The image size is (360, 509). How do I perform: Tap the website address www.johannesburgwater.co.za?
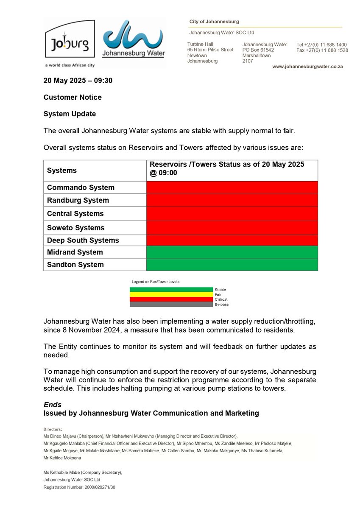(307, 67)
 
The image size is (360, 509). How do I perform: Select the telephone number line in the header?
(321, 45)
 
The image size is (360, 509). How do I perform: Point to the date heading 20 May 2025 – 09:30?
(78, 81)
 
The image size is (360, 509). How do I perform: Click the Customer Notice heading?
(73, 97)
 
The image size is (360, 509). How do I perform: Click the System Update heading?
(70, 114)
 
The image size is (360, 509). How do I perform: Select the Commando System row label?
(81, 187)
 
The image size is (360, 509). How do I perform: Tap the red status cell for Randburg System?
(232, 200)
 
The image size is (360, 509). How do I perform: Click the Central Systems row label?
(75, 213)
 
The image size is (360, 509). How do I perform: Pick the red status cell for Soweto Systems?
(232, 227)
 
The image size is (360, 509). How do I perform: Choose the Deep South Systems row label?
(83, 240)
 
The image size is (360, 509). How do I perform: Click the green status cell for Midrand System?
(232, 252)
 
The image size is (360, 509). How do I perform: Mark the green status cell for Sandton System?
(232, 265)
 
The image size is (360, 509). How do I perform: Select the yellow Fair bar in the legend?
(171, 294)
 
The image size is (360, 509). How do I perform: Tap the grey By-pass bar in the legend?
(171, 304)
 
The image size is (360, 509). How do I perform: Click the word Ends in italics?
(53, 405)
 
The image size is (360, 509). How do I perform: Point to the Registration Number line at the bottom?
(79, 487)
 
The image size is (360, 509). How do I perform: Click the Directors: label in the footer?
(53, 429)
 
